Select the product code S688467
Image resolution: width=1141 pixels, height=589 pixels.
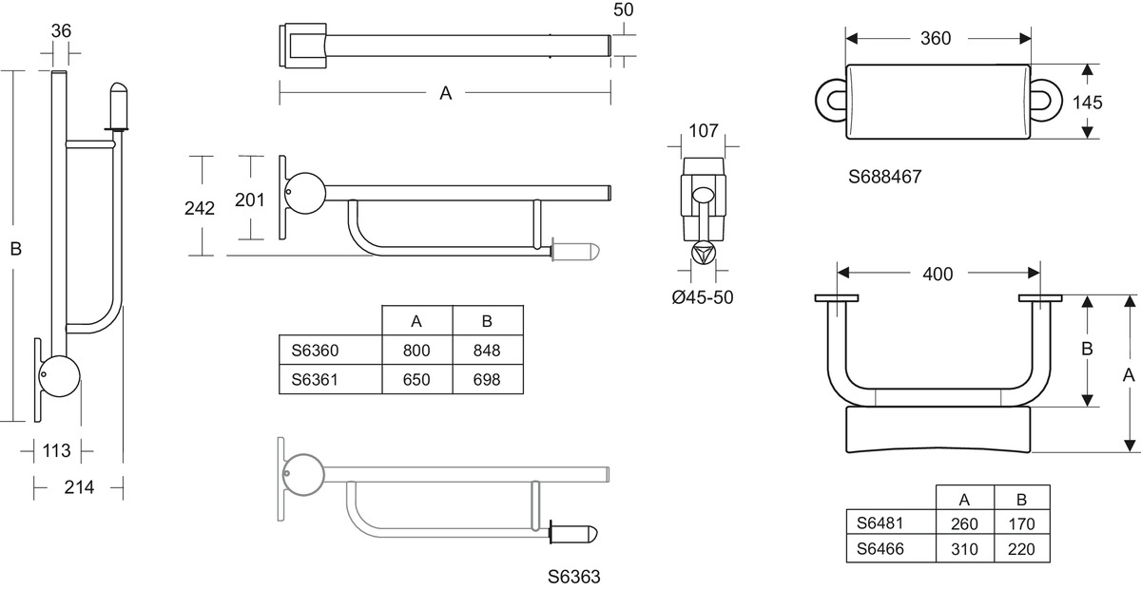pyautogui.click(x=886, y=177)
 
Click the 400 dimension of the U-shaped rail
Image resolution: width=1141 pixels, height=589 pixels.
pyautogui.click(x=937, y=274)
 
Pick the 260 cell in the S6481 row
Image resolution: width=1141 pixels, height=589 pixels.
pyautogui.click(x=963, y=523)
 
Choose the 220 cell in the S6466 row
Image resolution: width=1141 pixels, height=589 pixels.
pyautogui.click(x=1021, y=549)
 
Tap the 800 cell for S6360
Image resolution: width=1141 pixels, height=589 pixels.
pyautogui.click(x=416, y=351)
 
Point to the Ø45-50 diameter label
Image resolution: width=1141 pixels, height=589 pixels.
pyautogui.click(x=702, y=297)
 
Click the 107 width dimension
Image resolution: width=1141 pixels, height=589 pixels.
pyautogui.click(x=703, y=130)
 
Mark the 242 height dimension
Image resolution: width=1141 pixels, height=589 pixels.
pyautogui.click(x=200, y=208)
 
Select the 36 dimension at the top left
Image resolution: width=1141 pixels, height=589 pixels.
pyautogui.click(x=61, y=29)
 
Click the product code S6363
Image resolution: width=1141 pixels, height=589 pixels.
pyautogui.click(x=574, y=576)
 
